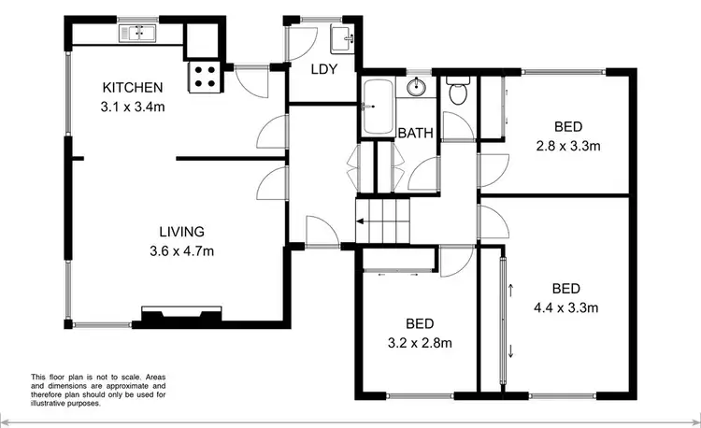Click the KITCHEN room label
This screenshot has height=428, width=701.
pos(133,88)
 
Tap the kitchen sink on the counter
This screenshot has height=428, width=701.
pos(136,34)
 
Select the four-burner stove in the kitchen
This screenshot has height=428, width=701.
pos(206,76)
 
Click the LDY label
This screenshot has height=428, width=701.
pos(323,70)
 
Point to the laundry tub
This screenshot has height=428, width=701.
pos(342,38)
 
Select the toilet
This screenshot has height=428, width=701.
pos(458,93)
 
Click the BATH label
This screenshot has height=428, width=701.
pos(415,134)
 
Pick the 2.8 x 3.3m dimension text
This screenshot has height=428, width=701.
pos(567,146)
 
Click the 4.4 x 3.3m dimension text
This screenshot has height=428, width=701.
pos(566,307)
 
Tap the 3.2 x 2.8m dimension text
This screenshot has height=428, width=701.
pos(421,343)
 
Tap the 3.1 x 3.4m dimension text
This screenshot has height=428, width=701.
pos(133,107)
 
